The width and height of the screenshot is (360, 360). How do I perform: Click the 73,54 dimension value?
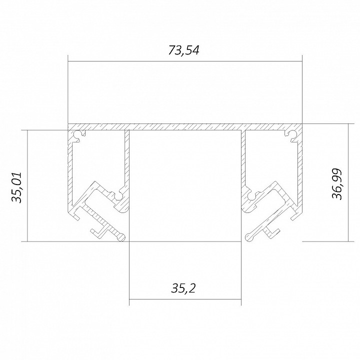coord(183,50)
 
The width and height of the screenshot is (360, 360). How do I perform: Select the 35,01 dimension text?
coord(16,187)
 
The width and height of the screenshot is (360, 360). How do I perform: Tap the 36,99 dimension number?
coord(336,184)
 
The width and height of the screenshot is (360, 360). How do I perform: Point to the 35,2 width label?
coord(183,288)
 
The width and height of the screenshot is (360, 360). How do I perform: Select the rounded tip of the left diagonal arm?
coord(121,237)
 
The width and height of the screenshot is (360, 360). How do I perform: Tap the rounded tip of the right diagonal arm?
coord(249,237)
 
